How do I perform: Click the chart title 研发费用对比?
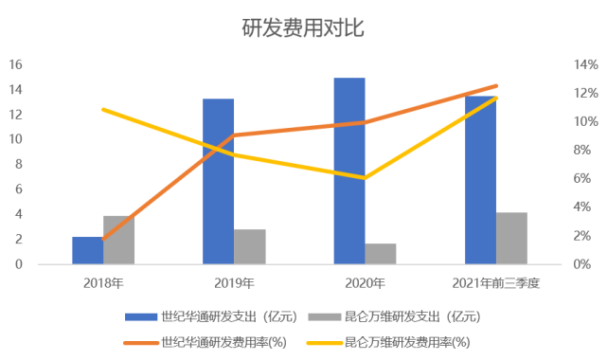pyautogui.click(x=303, y=27)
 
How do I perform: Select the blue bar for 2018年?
pyautogui.click(x=87, y=250)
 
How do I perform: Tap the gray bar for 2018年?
pyautogui.click(x=118, y=240)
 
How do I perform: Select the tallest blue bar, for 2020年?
pyautogui.click(x=348, y=171)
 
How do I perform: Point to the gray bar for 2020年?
pyautogui.click(x=381, y=253)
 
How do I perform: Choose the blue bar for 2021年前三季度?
pyautogui.click(x=480, y=180)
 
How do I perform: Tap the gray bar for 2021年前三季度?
pyautogui.click(x=511, y=238)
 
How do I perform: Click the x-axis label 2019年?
pyautogui.click(x=234, y=282)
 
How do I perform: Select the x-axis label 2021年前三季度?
pyautogui.click(x=495, y=282)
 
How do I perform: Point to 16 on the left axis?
pyautogui.click(x=15, y=65)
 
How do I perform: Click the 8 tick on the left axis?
pyautogui.click(x=19, y=165)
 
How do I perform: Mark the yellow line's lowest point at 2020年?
pyautogui.click(x=365, y=177)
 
